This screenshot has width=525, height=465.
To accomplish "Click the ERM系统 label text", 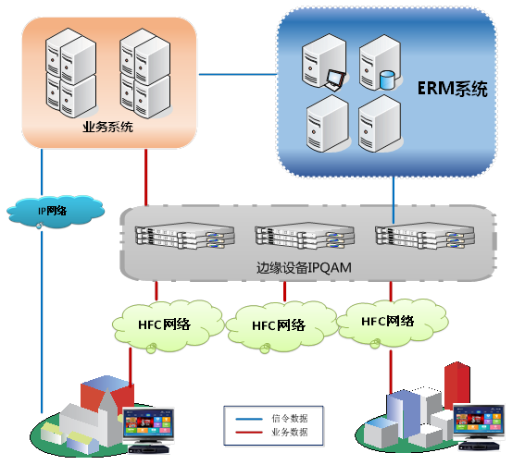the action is pyautogui.click(x=453, y=89).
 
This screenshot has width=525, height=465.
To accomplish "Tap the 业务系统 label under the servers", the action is pyautogui.click(x=107, y=127).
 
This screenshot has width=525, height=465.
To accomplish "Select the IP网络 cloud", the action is pyautogui.click(x=56, y=212).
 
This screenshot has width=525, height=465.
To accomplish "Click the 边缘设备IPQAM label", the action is pyautogui.click(x=304, y=267).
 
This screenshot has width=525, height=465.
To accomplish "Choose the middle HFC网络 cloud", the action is pyautogui.click(x=281, y=325).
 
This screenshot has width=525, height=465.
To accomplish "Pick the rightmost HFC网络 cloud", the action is pyautogui.click(x=391, y=322).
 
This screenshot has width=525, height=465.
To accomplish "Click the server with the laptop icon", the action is pyautogui.click(x=324, y=63).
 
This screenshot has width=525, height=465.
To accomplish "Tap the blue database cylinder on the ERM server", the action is pyautogui.click(x=387, y=80).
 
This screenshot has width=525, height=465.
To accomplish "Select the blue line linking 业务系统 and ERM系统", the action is pyautogui.click(x=238, y=74).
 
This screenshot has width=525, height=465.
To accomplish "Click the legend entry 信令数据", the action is pyautogui.click(x=289, y=418).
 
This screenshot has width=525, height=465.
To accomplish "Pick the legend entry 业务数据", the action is pyautogui.click(x=289, y=432).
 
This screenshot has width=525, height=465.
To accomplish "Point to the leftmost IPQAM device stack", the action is pyautogui.click(x=184, y=236).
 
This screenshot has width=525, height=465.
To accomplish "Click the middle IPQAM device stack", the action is pyautogui.click(x=305, y=236).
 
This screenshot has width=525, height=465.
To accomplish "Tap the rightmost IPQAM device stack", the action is pyautogui.click(x=425, y=236).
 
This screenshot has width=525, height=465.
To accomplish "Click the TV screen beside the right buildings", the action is pyautogui.click(x=479, y=422).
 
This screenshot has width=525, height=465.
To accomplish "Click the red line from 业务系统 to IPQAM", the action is pyautogui.click(x=146, y=177).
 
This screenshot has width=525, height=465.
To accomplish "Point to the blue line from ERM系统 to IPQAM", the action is pyautogui.click(x=394, y=200).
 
